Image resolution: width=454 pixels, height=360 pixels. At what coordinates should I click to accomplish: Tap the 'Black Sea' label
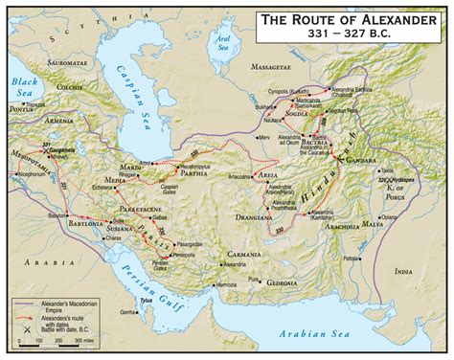pos(24,88)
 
